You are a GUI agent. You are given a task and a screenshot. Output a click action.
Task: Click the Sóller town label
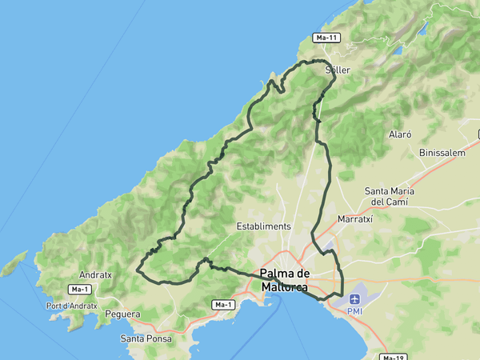pyautogui.click(x=338, y=70)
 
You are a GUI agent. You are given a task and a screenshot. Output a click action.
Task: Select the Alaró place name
pyautogui.click(x=399, y=135)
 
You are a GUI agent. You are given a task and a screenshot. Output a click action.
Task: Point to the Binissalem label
pyautogui.click(x=442, y=152)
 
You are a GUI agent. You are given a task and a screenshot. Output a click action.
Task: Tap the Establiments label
pyautogui.click(x=264, y=226)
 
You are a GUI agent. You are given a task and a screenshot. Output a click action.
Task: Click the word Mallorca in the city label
pyautogui.click(x=285, y=286)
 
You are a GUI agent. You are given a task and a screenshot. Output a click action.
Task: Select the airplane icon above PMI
pyautogui.click(x=354, y=298)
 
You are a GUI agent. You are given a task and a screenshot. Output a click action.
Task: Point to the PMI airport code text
pyautogui.click(x=354, y=310)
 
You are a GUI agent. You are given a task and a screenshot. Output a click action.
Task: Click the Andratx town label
pyautogui.click(x=95, y=274)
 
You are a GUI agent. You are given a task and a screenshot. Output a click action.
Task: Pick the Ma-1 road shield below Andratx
pyautogui.click(x=79, y=289)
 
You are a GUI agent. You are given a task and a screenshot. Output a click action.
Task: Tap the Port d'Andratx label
pyautogui.click(x=71, y=306)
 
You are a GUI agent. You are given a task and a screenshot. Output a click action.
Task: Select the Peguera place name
pyautogui.click(x=122, y=314)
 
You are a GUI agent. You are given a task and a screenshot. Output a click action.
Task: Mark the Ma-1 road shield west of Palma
pyautogui.click(x=223, y=305)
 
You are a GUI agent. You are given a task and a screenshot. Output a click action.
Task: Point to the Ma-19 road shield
pyautogui.click(x=391, y=357)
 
